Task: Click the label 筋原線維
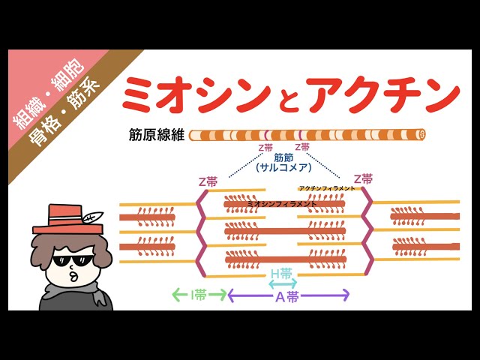click(156, 136)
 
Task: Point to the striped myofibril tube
click(307, 135)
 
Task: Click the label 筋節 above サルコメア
click(283, 158)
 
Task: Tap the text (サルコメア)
click(283, 169)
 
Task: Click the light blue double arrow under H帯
click(282, 284)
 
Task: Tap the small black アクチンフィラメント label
click(326, 188)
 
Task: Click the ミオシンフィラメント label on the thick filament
click(281, 203)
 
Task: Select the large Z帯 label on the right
click(361, 179)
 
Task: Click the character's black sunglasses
click(71, 259)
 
